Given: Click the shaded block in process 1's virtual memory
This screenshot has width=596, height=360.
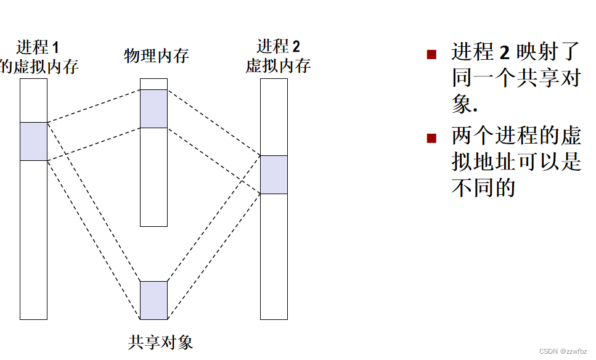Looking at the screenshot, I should coord(33,141).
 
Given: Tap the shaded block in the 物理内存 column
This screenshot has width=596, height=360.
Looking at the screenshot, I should coord(153,108).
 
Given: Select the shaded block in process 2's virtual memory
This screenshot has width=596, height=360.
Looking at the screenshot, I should coord(274,174).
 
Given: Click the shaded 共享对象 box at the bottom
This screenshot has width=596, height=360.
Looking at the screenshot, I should coord(153,300).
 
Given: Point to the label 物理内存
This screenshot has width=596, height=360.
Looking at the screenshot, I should coord(157,56).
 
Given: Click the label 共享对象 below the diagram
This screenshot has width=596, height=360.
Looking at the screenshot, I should coord(160,342).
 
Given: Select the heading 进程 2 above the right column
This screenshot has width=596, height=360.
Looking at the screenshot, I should coord(279,46).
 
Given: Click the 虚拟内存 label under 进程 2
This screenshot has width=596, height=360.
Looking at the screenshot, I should coord(278,66).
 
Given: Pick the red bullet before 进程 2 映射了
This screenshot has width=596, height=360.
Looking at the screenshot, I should coord(431,54).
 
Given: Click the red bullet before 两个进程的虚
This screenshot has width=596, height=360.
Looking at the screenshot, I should coord(431,138).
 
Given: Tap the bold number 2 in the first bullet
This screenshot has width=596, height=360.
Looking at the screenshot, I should coord(504,52).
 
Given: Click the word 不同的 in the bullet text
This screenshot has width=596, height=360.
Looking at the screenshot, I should coord(483,187).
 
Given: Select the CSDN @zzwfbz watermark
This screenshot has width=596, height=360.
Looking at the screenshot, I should coord(563,351).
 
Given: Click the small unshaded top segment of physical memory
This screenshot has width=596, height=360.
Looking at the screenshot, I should coord(153,84).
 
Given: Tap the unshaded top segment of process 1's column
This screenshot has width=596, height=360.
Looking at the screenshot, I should coord(33,100).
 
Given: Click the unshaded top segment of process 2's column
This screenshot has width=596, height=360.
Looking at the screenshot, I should coord(274,117).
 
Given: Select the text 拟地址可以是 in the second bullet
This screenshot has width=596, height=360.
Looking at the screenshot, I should coord(516,162).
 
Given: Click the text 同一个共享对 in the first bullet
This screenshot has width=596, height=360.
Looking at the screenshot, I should coord(516,78).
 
